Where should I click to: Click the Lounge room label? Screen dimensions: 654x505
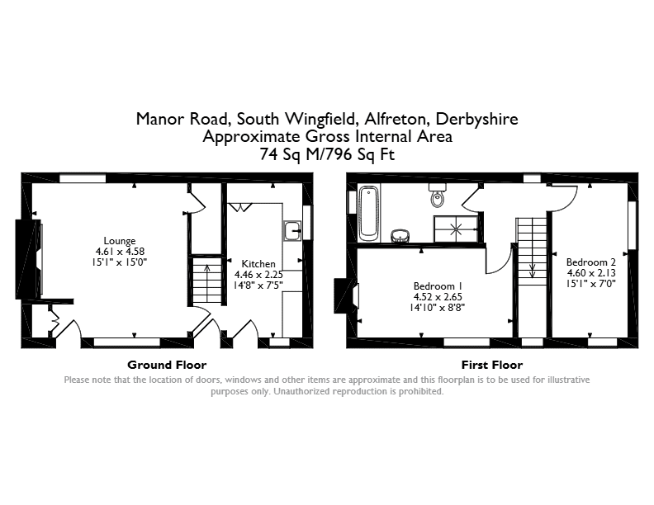point(120,241)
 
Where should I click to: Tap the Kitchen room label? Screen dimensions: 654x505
point(258,264)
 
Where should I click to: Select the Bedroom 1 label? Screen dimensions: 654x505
point(438,286)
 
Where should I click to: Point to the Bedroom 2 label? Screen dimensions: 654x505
point(591,262)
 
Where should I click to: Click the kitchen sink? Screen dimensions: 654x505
point(293,230)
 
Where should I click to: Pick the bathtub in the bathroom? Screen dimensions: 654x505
point(369,214)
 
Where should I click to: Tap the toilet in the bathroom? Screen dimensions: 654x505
point(438,195)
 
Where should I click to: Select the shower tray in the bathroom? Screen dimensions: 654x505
point(456,229)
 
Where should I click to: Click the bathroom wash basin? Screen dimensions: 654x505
point(400,235)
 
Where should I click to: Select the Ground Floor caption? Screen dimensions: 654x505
point(167,365)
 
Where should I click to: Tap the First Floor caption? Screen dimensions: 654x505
point(492,365)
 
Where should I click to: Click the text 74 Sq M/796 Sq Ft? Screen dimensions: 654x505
point(327,154)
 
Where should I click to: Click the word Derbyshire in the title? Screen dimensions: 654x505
point(476,119)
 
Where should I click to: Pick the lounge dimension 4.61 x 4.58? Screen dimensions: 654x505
point(120,252)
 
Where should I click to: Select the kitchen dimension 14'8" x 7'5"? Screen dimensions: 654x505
point(258,286)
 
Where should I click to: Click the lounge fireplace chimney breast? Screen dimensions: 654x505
point(28,259)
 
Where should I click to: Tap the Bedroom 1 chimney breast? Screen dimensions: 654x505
point(346,296)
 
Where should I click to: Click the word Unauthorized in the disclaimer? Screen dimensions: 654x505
point(300,392)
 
